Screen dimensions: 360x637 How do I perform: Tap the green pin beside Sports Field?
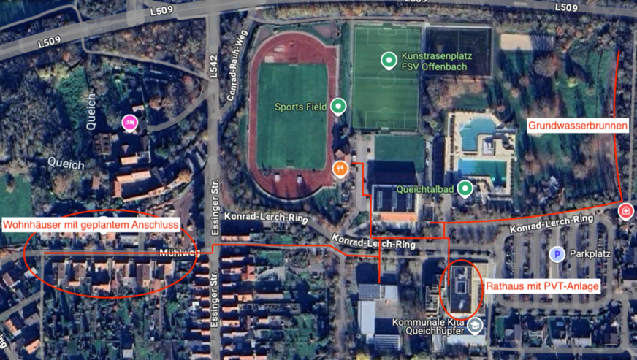coord(337,107)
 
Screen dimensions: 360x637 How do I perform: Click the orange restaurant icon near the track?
coord(340,169)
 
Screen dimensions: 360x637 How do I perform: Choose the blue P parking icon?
coord(557,254)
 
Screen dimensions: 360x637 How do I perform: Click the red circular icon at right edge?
coord(625,211)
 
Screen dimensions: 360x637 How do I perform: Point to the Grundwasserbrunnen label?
coord(578,126)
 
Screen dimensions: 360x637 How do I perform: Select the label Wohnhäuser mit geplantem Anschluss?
coord(91,225)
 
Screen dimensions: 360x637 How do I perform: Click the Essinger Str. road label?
coord(215,204)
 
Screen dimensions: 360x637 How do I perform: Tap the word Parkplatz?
coord(590,255)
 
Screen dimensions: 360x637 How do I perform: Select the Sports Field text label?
coord(300,107)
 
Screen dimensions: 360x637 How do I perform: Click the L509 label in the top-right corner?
coord(566,7)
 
